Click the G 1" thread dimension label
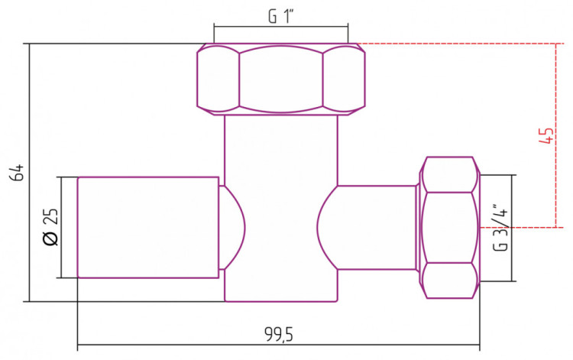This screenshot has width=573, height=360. coord(281,16)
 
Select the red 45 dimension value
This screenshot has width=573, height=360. coord(546,135)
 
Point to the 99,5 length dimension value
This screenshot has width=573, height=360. coord(279,334)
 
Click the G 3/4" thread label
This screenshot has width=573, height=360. coord(500,228)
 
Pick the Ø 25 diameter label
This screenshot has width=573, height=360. coord(50,226)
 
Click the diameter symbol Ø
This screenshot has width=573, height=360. coord(50,238)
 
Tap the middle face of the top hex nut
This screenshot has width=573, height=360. coord(281,79)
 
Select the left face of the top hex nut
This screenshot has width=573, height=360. coord(219,79)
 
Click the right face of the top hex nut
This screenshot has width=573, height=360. coord(344,79)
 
